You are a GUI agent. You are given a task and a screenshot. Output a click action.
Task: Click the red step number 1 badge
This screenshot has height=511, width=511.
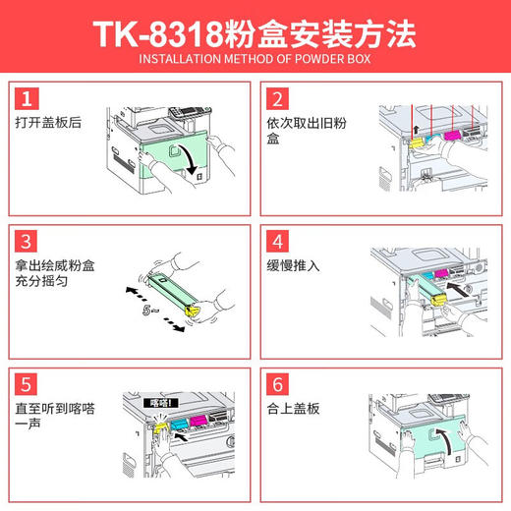[28, 98]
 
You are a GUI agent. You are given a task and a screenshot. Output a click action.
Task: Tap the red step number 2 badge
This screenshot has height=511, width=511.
[278, 98]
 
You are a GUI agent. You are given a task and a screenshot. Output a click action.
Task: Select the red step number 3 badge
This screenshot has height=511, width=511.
[28, 241]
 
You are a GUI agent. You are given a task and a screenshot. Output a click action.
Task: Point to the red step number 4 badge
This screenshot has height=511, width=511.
[278, 241]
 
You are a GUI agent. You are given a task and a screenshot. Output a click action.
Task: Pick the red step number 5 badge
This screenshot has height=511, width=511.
[28, 381]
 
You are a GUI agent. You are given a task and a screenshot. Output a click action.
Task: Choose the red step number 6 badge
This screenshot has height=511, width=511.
[278, 381]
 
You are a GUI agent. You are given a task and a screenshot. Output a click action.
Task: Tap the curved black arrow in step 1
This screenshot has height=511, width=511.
[185, 158]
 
